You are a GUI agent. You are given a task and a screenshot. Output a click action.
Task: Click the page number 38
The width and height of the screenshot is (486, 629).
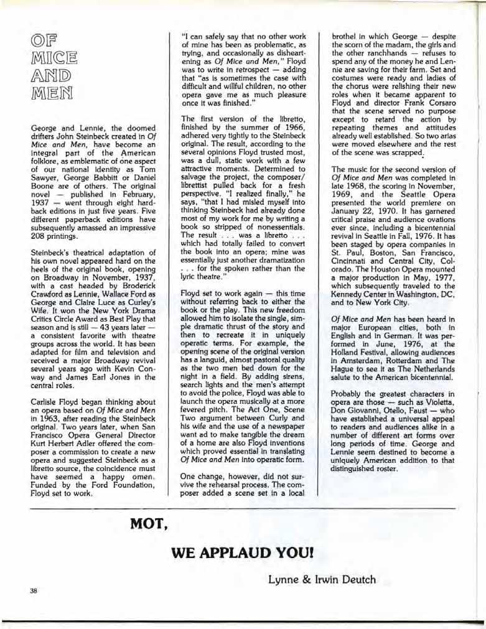tap(34, 590)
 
